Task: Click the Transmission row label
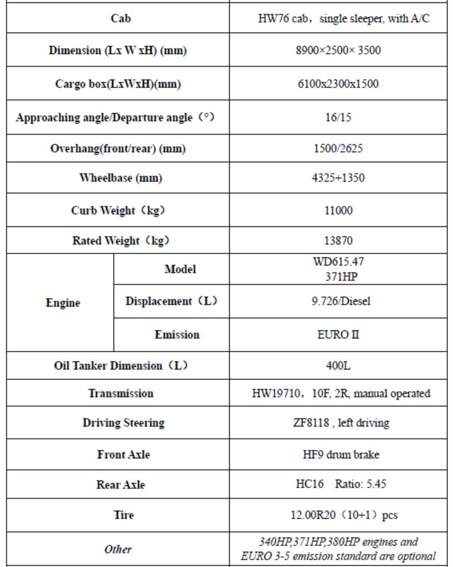click(120, 393)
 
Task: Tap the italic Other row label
click(118, 549)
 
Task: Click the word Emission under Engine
click(177, 334)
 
